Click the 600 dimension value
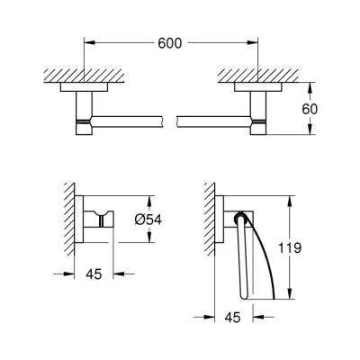170,43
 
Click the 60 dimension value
310,109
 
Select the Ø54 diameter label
148,220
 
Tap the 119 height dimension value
290,247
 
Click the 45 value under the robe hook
94,274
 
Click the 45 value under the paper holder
232,317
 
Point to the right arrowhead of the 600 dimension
252,43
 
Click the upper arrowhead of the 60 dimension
310,88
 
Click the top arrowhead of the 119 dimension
290,202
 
